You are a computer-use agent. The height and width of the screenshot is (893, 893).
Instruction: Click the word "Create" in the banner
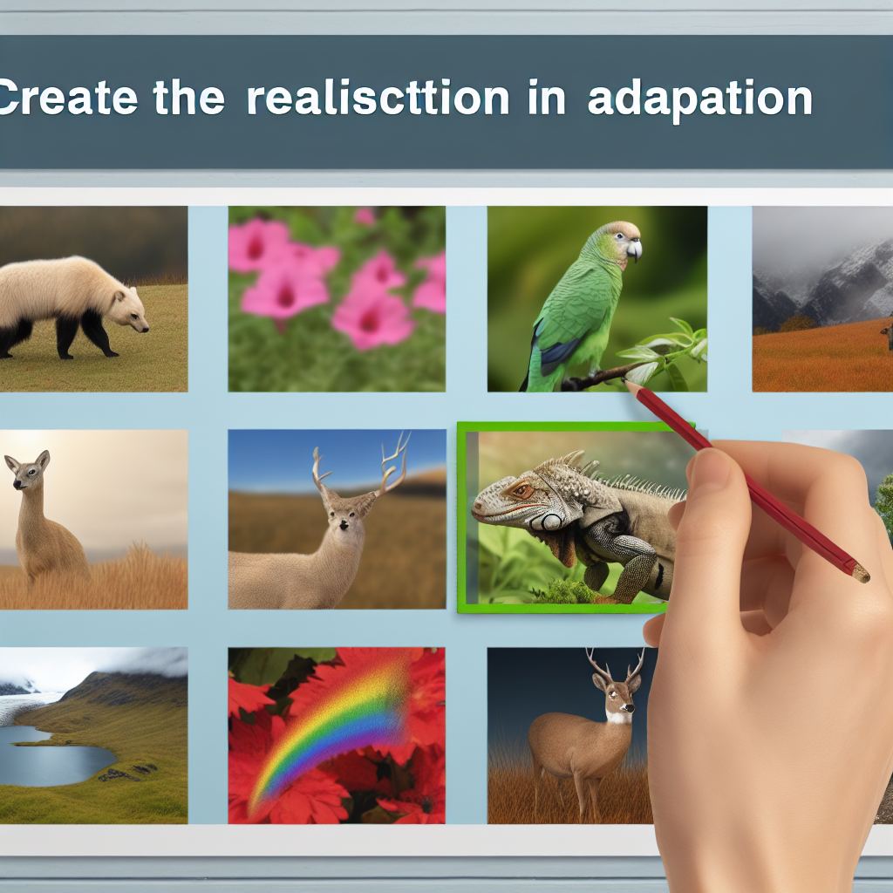68,98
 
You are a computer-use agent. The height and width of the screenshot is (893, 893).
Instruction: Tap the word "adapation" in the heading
700,100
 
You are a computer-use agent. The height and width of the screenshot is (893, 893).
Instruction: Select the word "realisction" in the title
378,98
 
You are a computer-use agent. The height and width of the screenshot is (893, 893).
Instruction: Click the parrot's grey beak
634,249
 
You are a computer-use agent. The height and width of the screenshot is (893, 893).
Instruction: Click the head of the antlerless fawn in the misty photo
27,470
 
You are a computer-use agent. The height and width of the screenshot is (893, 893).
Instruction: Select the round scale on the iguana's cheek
551,521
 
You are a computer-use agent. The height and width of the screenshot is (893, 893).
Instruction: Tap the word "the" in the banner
189,98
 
